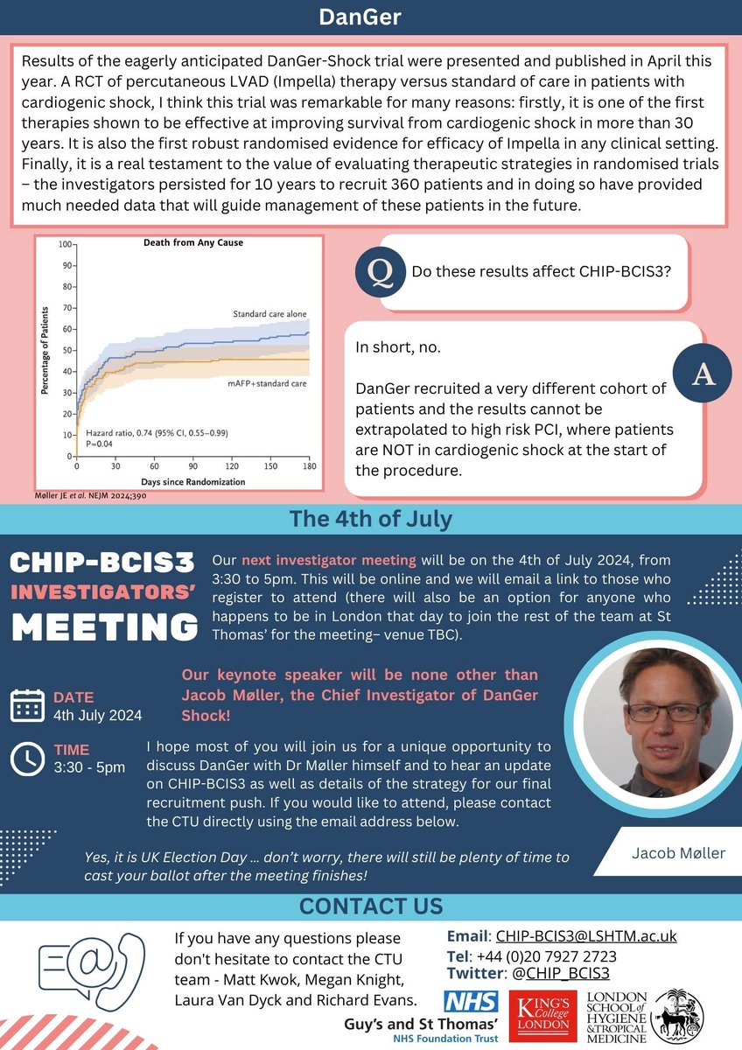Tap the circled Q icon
(x=379, y=272)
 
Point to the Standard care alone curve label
(x=269, y=314)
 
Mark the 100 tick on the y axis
(x=62, y=244)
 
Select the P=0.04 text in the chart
(x=101, y=444)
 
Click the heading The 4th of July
(x=371, y=519)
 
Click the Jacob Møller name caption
(x=678, y=852)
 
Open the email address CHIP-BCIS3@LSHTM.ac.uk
(x=585, y=936)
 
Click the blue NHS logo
(x=472, y=1002)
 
